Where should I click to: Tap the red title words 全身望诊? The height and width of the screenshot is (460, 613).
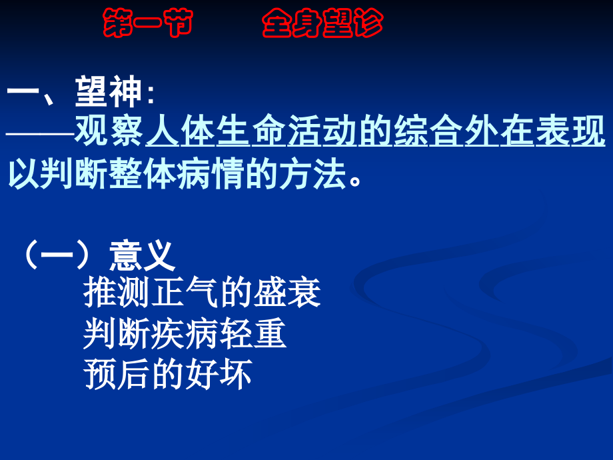point(322,25)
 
